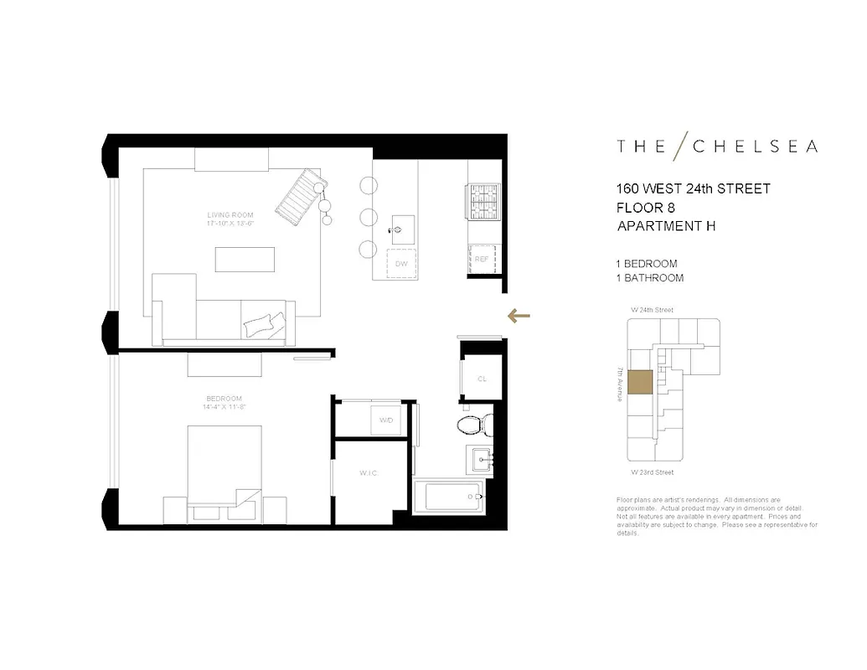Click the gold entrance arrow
[x=519, y=316]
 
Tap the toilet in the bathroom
[x=474, y=423]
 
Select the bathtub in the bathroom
[x=452, y=496]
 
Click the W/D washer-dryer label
[x=386, y=420]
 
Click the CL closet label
[x=482, y=379]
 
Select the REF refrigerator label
[x=481, y=259]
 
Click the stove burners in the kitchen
[x=483, y=201]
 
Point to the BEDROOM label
[x=224, y=398]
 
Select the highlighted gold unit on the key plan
[x=640, y=382]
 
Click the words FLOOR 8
[x=646, y=208]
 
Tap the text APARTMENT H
[x=666, y=226]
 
